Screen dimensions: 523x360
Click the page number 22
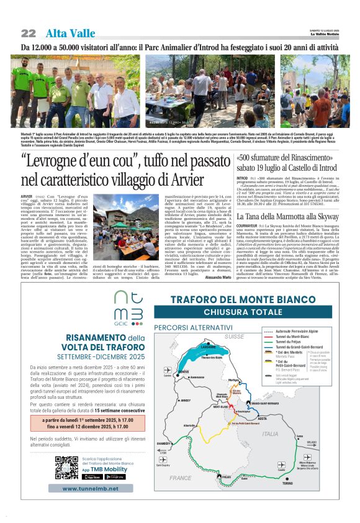click(29, 33)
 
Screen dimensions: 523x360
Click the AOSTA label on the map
click(262, 419)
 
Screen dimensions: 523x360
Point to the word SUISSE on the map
click(235, 335)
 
